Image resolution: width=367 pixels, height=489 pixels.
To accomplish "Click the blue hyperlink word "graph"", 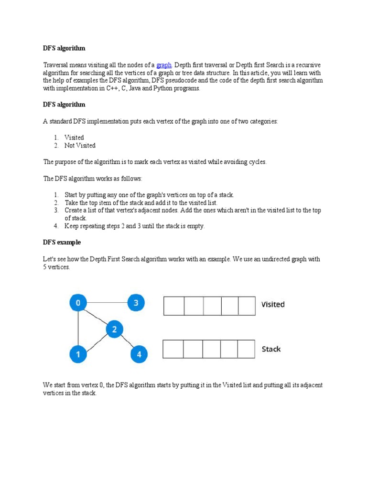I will (x=163, y=65).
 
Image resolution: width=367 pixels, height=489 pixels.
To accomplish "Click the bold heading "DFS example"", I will (x=62, y=243).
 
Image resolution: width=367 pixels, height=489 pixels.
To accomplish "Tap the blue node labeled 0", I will (x=78, y=303).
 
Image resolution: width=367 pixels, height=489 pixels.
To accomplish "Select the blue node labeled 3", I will (x=136, y=303).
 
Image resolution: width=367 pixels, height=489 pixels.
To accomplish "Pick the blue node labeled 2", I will (x=114, y=329).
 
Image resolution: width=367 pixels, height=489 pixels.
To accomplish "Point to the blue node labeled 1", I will (x=78, y=354).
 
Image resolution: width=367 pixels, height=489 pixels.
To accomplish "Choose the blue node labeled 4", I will (x=139, y=354).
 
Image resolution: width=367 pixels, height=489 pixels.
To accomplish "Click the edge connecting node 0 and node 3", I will (x=107, y=303).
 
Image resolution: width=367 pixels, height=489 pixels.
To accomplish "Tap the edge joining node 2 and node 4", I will (x=127, y=342).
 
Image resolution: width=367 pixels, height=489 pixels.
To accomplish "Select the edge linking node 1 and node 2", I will (x=96, y=342).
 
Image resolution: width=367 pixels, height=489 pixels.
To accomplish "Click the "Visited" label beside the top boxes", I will (x=273, y=305).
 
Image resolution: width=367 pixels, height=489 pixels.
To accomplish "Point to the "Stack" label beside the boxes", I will (x=271, y=349).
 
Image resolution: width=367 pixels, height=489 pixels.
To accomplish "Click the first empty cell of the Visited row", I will (x=174, y=306).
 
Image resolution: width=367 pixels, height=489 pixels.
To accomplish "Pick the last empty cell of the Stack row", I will (x=246, y=349).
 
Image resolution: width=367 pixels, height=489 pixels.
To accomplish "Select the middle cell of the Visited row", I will (x=213, y=306).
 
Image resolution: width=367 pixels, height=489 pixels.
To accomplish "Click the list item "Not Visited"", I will (x=80, y=146).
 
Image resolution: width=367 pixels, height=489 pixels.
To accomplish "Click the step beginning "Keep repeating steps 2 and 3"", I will (x=134, y=226).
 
